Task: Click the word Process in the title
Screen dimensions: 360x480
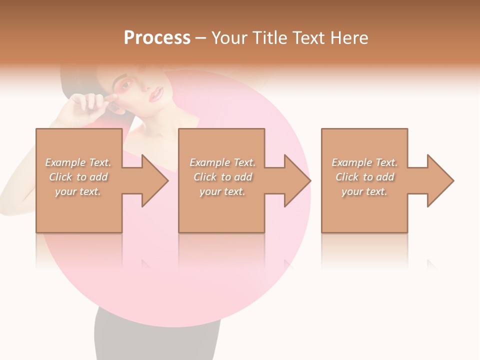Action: coord(157,38)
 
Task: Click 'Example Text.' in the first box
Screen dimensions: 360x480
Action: coord(78,162)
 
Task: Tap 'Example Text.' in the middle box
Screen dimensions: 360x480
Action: coord(222,162)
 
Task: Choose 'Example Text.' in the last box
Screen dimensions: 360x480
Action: coord(364,162)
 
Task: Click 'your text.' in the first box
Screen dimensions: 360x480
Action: coord(78,191)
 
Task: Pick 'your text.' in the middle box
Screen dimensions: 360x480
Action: coord(222,191)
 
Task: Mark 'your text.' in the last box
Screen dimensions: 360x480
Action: coord(364,191)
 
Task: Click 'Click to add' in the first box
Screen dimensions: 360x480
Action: coord(78,177)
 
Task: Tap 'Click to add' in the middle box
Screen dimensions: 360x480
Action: coord(222,177)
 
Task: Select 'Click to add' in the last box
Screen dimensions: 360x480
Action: coord(364,177)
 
